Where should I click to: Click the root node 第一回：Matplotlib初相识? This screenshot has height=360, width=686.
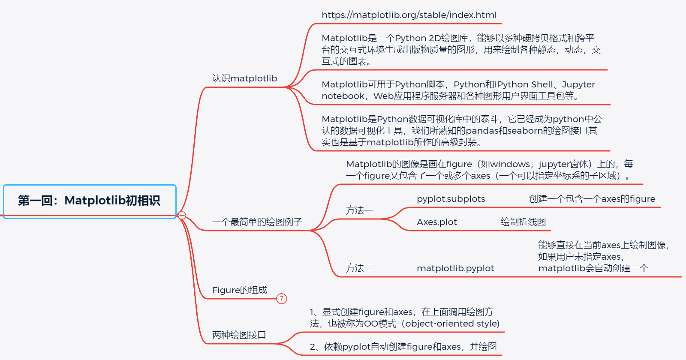tap(89, 201)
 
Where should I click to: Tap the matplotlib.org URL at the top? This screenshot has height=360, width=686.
tap(409, 15)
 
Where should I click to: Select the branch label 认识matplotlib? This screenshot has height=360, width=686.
tap(244, 78)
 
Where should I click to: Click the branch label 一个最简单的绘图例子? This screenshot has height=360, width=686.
tap(257, 222)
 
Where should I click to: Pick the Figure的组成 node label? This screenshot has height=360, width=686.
tap(239, 290)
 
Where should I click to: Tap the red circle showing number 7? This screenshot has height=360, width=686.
tap(282, 299)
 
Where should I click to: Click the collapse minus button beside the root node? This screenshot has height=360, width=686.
tap(182, 215)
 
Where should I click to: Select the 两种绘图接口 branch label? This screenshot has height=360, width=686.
tap(239, 335)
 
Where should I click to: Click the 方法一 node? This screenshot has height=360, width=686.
tap(359, 210)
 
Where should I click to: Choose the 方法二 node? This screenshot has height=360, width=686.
tap(359, 268)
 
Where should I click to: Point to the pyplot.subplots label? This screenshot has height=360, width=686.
tap(451, 199)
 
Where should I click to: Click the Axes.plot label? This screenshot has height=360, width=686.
tap(436, 222)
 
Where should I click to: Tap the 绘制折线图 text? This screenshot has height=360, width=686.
tap(523, 222)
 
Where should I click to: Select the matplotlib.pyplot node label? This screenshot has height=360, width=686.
tap(455, 268)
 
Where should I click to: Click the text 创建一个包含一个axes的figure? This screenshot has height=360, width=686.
tap(592, 199)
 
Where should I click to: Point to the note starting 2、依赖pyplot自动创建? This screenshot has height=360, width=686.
tap(403, 347)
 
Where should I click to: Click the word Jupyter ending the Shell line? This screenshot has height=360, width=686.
tap(578, 84)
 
